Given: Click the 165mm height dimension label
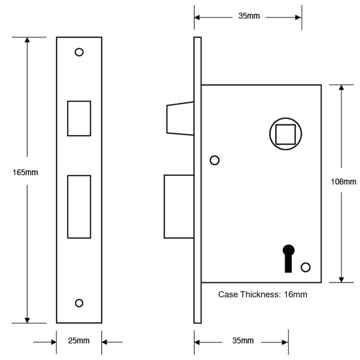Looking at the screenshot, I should (x=25, y=172).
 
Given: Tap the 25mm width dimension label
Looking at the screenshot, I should (x=79, y=341).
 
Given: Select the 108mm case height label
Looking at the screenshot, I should (x=343, y=182).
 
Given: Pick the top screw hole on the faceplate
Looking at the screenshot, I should (x=79, y=52).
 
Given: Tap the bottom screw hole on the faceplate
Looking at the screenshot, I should (x=79, y=303).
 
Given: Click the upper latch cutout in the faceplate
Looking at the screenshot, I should (x=79, y=118).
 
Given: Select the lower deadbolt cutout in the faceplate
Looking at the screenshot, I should (x=79, y=207).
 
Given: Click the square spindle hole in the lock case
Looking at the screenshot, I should (x=285, y=134).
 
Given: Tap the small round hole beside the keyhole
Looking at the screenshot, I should (x=306, y=267).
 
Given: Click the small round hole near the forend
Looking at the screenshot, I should (x=215, y=161).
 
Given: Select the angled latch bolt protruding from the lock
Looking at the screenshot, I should (x=179, y=118).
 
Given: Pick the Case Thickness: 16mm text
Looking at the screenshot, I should (x=263, y=294).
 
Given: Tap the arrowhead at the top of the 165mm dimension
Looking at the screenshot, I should (x=26, y=40).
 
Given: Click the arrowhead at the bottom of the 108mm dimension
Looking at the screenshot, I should (x=341, y=279).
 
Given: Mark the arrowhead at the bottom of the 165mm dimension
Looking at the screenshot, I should (x=26, y=320).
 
